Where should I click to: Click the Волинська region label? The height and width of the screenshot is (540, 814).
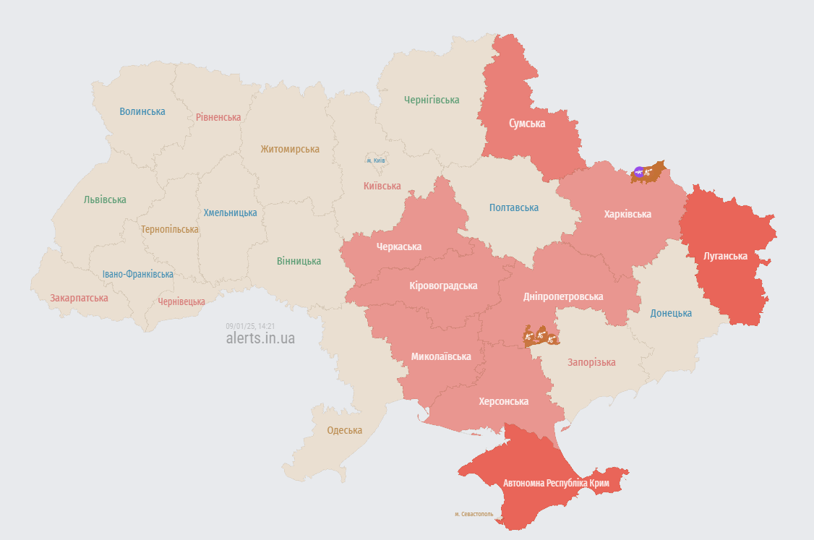pos(142,111)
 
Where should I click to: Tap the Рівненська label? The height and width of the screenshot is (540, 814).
pos(218,117)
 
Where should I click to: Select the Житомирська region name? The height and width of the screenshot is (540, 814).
pos(290,149)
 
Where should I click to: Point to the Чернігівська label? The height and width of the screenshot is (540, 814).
pos(432,100)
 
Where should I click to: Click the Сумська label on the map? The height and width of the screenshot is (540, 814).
pos(527,124)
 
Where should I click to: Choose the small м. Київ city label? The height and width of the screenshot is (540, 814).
pos(375,160)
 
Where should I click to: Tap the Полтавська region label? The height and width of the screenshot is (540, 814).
pos(513,207)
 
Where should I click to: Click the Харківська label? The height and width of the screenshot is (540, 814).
pos(627,214)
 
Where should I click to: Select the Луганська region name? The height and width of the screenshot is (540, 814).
pos(726,256)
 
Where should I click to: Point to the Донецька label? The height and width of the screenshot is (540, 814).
pos(671,313)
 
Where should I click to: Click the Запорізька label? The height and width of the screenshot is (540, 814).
pos(591,362)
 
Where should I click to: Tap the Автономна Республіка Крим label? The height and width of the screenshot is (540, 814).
pos(556,483)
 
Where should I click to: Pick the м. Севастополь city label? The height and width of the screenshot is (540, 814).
pos(474,514)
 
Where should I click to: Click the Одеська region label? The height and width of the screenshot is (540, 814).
pos(345,430)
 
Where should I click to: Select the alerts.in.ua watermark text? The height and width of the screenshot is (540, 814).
pos(260,338)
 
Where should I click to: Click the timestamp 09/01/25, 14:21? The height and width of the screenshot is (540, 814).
pos(250,326)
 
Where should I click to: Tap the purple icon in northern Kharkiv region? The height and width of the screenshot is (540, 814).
pos(638,172)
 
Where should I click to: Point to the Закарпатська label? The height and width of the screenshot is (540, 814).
pos(79,298)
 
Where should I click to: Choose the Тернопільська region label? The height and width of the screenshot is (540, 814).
pos(170,229)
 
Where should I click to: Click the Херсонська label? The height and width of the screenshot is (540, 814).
pos(503,401)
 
